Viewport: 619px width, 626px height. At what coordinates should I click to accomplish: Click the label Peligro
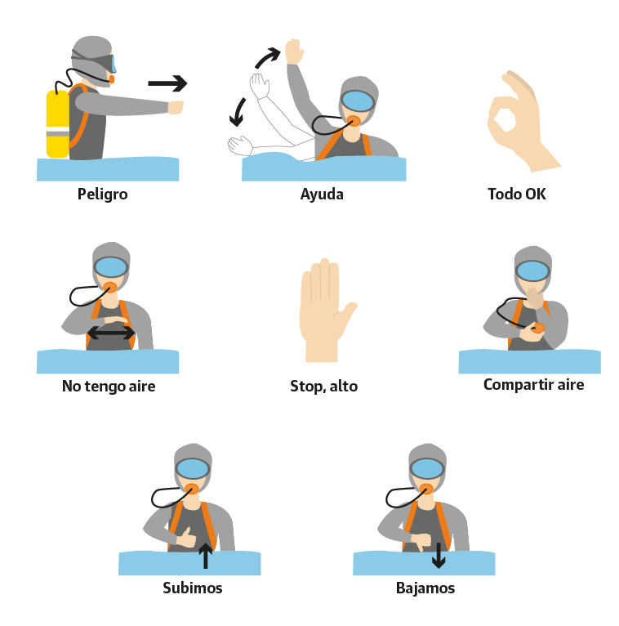103,195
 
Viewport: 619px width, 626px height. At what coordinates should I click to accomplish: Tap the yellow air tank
58,123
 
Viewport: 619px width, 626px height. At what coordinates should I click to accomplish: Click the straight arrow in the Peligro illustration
167,83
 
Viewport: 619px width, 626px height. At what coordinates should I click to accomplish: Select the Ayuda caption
322,195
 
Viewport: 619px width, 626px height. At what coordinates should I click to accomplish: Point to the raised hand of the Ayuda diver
294,51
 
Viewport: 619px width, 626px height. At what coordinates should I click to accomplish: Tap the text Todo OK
517,194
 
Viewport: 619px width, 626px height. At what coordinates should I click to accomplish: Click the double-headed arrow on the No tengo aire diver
111,333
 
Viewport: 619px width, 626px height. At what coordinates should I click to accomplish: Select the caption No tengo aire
109,387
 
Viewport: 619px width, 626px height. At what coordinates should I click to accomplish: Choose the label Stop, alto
324,387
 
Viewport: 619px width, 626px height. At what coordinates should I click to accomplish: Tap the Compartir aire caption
533,385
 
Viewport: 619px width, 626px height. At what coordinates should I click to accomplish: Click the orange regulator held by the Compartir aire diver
537,329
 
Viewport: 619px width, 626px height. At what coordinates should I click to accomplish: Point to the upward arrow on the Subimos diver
206,556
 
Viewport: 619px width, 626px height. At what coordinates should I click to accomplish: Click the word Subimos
193,588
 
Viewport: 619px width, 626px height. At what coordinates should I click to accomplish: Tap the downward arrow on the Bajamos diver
439,556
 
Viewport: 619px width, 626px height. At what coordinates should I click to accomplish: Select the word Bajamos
425,588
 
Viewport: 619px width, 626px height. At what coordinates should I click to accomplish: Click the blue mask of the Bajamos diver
427,469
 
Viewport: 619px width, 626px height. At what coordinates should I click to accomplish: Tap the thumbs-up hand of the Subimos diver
186,538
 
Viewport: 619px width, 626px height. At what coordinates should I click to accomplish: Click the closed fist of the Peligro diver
176,107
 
